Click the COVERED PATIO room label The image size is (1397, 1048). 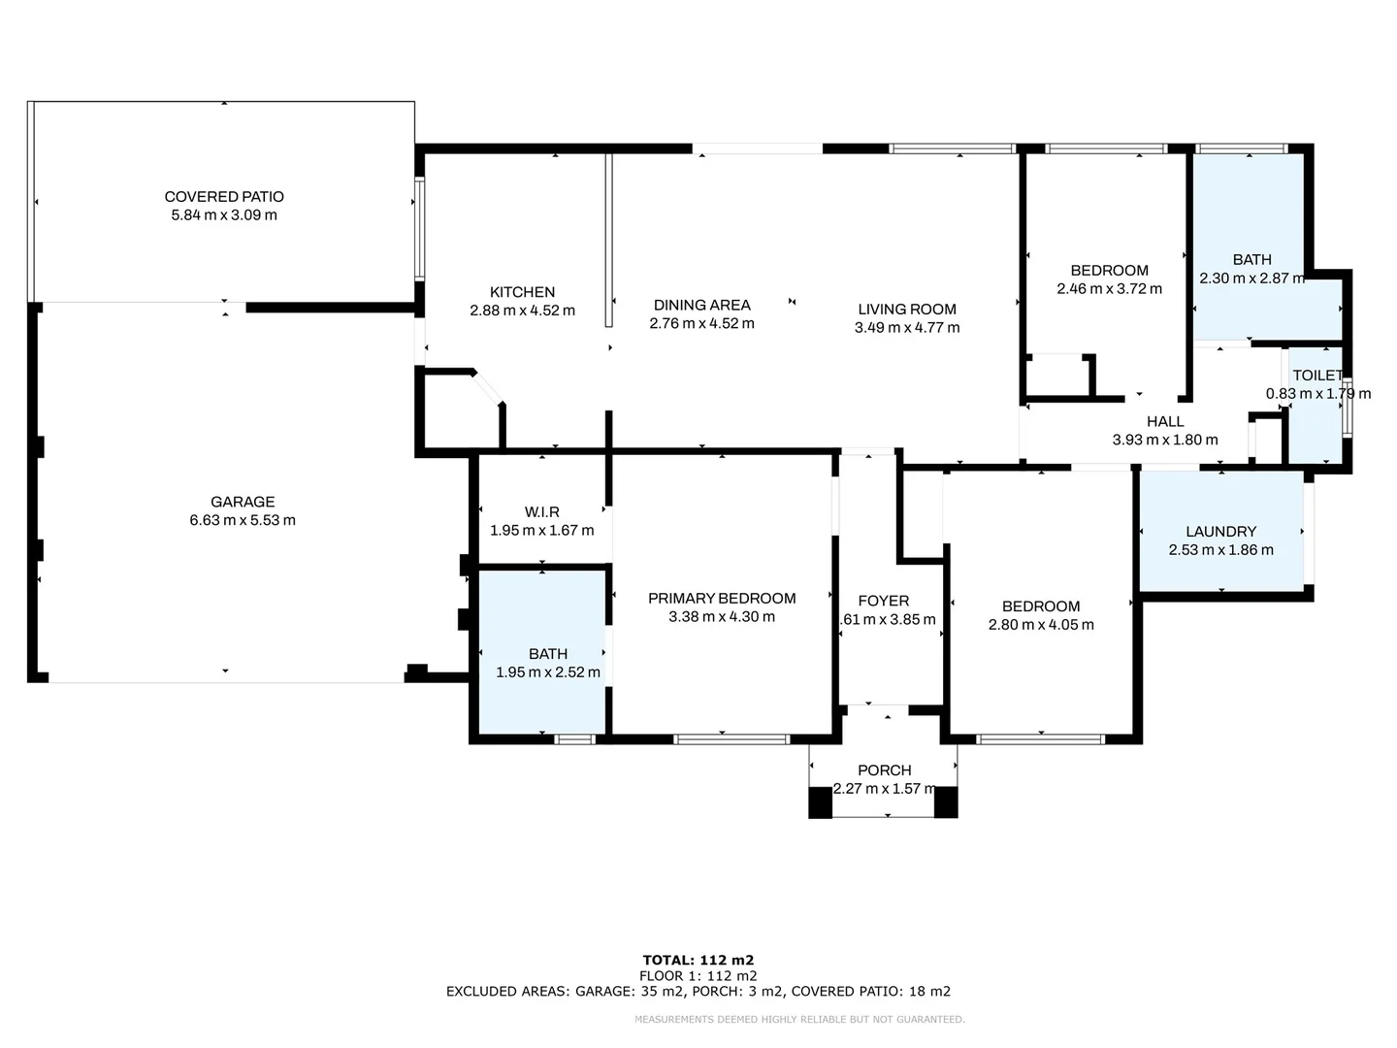pyautogui.click(x=224, y=197)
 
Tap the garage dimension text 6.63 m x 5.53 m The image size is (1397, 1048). pyautogui.click(x=243, y=520)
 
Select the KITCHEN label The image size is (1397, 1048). pyautogui.click(x=522, y=292)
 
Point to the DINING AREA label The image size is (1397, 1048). pyautogui.click(x=701, y=305)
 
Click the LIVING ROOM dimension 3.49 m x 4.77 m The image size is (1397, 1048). pyautogui.click(x=907, y=328)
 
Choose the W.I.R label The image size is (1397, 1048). pyautogui.click(x=541, y=512)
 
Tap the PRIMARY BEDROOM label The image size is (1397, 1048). pyautogui.click(x=722, y=599)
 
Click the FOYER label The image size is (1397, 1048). pyautogui.click(x=884, y=602)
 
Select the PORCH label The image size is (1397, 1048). pyautogui.click(x=884, y=770)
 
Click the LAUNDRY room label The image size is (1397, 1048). pyautogui.click(x=1220, y=532)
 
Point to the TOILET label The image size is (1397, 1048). pyautogui.click(x=1317, y=376)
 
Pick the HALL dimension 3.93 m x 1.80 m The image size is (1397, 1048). pyautogui.click(x=1164, y=440)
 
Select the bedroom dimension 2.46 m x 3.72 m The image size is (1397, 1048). pyautogui.click(x=1109, y=289)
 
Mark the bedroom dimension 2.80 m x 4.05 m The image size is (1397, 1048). pyautogui.click(x=1041, y=625)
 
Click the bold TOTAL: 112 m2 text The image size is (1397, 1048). pyautogui.click(x=698, y=960)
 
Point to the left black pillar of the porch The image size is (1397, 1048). pyautogui.click(x=820, y=802)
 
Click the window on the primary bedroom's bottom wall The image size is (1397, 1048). pyautogui.click(x=731, y=739)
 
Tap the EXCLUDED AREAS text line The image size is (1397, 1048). pyautogui.click(x=698, y=992)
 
